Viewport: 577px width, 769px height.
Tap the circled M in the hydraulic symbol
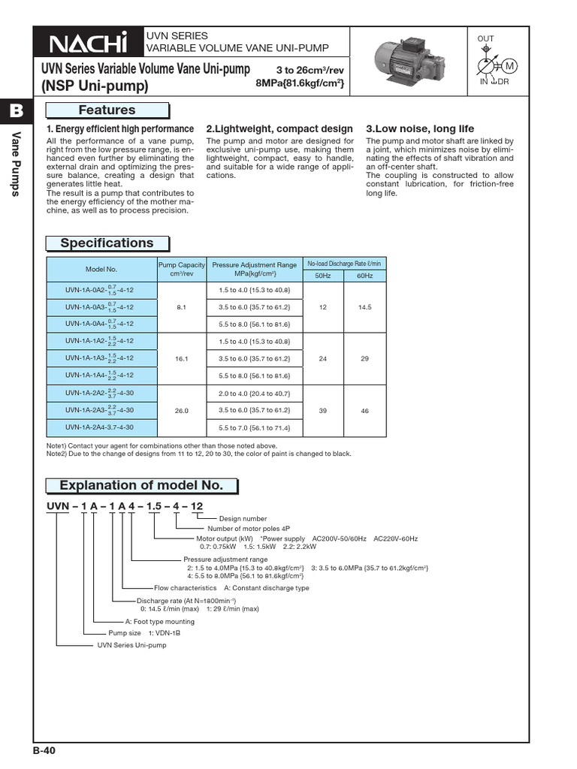(x=511, y=67)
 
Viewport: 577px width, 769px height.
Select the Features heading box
(x=107, y=110)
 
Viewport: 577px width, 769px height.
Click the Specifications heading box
(x=107, y=243)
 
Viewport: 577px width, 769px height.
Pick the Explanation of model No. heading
(x=141, y=485)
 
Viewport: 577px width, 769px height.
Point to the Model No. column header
(x=101, y=269)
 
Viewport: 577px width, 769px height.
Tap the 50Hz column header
(x=323, y=276)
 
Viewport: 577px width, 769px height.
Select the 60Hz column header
(x=365, y=276)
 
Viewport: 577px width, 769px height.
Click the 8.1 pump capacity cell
(x=180, y=307)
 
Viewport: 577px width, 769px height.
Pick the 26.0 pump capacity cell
(x=180, y=412)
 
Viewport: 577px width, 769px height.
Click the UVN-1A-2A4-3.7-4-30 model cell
(x=100, y=428)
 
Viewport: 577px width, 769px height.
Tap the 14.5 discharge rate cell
(x=365, y=307)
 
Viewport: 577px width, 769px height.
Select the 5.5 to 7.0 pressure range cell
(x=255, y=428)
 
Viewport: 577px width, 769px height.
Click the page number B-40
(x=44, y=750)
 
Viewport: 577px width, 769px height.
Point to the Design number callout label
(x=243, y=519)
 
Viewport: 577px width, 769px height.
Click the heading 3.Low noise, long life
(x=419, y=129)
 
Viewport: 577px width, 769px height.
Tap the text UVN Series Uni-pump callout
(x=131, y=644)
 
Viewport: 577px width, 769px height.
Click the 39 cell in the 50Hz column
(x=323, y=412)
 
